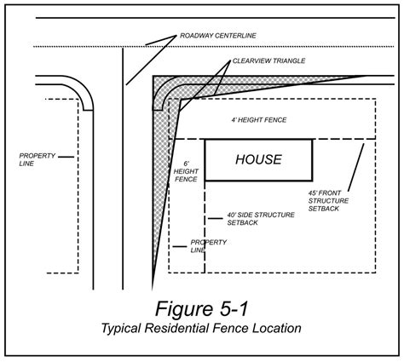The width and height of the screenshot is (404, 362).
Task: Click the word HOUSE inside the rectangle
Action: click(x=258, y=159)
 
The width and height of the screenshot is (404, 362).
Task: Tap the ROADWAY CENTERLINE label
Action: click(x=218, y=36)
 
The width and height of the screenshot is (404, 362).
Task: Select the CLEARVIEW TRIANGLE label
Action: click(x=268, y=60)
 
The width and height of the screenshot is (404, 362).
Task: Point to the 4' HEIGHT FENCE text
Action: click(x=259, y=120)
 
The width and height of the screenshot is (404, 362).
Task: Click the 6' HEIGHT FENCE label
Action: click(x=186, y=171)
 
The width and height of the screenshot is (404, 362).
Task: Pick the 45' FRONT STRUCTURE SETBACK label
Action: click(x=328, y=201)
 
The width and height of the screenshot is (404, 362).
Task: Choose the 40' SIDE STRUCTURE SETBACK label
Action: click(x=261, y=219)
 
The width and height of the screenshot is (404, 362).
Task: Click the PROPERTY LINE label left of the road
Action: click(x=37, y=159)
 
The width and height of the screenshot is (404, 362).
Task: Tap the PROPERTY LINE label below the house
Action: click(x=209, y=246)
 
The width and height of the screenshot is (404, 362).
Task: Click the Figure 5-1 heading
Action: click(x=202, y=309)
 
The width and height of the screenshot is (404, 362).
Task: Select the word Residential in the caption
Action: click(x=176, y=328)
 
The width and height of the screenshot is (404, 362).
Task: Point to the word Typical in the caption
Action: click(x=121, y=329)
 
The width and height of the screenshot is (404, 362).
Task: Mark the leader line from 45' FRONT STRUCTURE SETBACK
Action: click(x=356, y=167)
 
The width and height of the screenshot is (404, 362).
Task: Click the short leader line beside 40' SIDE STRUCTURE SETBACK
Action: click(x=216, y=218)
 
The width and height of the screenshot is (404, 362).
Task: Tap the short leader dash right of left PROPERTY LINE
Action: click(x=66, y=157)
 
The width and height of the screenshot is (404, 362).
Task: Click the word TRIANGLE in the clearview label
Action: click(x=289, y=60)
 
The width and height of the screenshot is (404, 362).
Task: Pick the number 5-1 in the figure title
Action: click(x=232, y=309)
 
